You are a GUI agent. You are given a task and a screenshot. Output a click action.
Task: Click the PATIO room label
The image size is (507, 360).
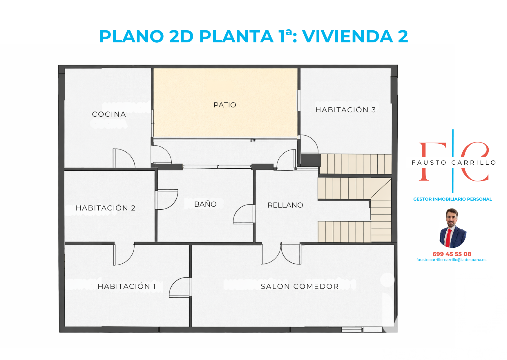(x=225, y=105)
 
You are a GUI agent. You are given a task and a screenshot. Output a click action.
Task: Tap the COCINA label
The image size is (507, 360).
(x=109, y=114)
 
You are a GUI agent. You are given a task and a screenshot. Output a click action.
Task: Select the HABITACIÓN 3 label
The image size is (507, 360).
(x=345, y=110)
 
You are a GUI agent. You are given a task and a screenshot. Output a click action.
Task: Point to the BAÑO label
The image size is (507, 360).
(x=205, y=204)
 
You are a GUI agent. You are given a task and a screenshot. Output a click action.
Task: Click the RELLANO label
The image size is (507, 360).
(x=285, y=205)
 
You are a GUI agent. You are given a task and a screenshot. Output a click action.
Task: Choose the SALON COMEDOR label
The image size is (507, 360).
(x=300, y=286)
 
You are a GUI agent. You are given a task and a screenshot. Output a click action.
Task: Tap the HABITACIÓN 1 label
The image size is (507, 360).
(x=127, y=286)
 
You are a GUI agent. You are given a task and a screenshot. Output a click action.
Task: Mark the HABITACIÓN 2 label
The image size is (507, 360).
(x=106, y=208)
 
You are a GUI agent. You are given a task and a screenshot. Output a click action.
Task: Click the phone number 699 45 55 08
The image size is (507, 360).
(x=452, y=254)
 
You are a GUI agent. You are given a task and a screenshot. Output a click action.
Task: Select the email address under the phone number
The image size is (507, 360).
(x=451, y=260)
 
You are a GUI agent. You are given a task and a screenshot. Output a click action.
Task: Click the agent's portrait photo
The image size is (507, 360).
(x=453, y=228)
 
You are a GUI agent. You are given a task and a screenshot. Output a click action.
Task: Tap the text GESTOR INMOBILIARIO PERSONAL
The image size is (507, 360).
(x=452, y=199)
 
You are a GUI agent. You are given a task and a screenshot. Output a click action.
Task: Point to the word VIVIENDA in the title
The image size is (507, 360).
(x=347, y=36)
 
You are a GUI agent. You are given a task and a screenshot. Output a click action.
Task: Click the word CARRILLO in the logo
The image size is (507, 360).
(x=474, y=163)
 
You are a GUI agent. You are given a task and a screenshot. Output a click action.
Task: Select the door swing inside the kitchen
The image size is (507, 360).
(x=124, y=158)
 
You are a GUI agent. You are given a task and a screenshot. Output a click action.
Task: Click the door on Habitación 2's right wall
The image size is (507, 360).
(x=166, y=199)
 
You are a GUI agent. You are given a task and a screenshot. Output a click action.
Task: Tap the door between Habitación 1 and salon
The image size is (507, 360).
(x=180, y=287)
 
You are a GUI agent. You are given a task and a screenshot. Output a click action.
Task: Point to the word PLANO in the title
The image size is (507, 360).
(x=132, y=36)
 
